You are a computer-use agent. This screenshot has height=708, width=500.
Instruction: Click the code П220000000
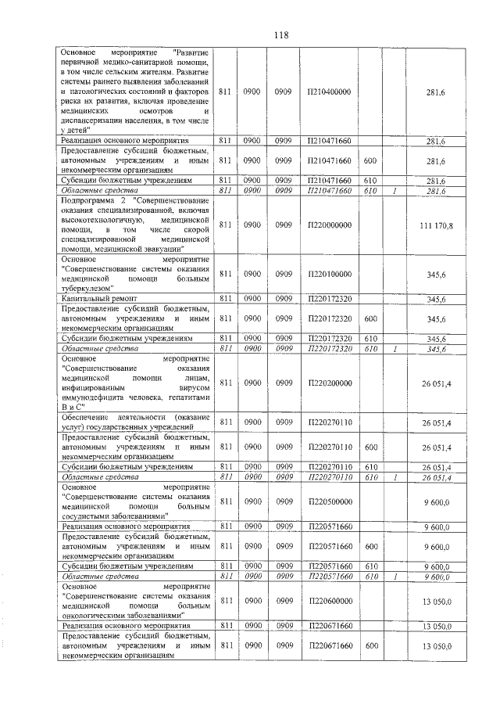(330, 225)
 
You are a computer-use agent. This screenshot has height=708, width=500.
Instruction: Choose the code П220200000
(330, 383)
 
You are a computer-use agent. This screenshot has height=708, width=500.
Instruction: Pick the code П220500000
(330, 501)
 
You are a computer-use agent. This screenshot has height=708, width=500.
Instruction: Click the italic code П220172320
(330, 349)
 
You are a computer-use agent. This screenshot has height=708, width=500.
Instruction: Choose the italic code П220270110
(330, 477)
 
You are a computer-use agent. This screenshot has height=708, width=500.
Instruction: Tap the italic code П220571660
(330, 577)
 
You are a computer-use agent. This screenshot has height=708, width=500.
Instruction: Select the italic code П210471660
(330, 191)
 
